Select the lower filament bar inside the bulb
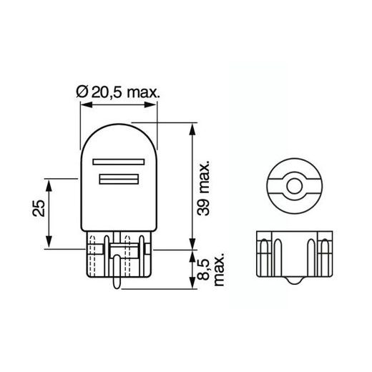click(119, 179)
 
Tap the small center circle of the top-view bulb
click(292, 187)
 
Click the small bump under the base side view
click(292, 283)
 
